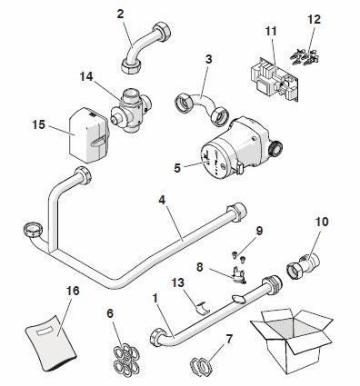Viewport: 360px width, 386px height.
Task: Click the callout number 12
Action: coord(314,19)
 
